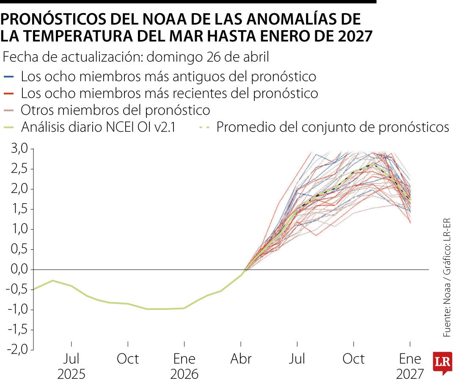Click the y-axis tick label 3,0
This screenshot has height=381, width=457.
pos(19,149)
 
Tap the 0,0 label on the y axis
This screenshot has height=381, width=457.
pos(19,270)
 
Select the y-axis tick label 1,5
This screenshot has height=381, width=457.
pos(19,209)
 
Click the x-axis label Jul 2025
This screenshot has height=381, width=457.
pos(72,367)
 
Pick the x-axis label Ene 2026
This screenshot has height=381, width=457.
pos(184,367)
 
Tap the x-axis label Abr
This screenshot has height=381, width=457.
pos(241,359)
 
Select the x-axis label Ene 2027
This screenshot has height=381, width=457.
pos(410,367)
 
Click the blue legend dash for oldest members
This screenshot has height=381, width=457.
pos(11,77)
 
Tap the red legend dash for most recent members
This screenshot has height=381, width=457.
pos(11,94)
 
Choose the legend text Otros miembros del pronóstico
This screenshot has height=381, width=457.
pos(116,110)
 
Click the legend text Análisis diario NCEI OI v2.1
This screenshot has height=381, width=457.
pos(98,127)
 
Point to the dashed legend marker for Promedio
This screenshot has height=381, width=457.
pos(204,127)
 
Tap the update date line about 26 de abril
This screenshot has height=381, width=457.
pos(136,57)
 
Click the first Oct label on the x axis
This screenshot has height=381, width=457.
pos(127,359)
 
